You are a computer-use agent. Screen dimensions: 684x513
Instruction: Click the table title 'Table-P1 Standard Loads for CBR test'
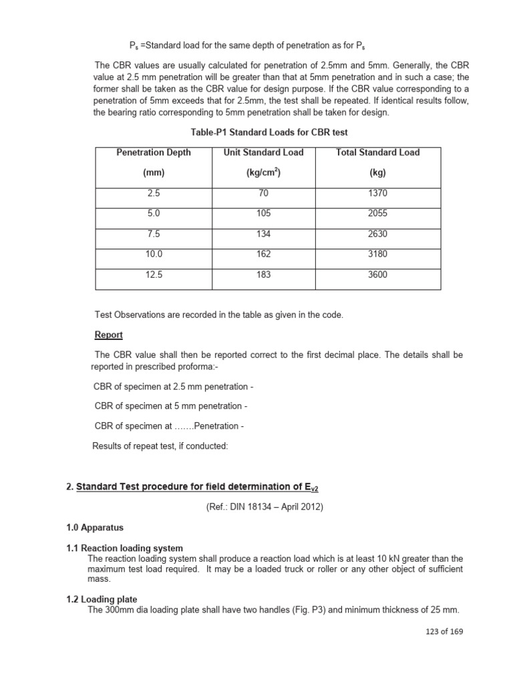(x=269, y=132)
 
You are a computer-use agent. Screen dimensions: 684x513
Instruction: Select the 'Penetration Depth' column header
(x=154, y=152)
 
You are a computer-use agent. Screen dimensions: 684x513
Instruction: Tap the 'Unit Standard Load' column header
(x=263, y=152)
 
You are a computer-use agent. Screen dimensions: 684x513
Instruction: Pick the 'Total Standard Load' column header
(x=377, y=152)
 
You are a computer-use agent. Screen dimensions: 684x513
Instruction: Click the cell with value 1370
(x=377, y=193)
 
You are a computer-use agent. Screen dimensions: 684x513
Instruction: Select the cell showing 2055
(x=377, y=214)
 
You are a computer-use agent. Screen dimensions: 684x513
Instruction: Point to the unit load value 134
(x=263, y=234)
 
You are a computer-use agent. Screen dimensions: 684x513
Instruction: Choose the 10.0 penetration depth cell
(x=154, y=254)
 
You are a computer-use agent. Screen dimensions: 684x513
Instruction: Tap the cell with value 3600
(x=377, y=275)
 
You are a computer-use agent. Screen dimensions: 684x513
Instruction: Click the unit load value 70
(x=263, y=193)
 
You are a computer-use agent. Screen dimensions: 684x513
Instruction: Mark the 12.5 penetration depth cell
(x=154, y=275)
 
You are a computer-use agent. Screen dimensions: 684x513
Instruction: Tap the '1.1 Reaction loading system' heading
(x=124, y=548)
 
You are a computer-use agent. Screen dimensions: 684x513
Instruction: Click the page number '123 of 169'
(x=440, y=631)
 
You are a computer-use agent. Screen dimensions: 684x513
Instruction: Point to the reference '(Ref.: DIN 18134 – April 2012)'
(x=265, y=507)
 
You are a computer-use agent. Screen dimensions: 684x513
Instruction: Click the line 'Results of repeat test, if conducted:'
(x=160, y=446)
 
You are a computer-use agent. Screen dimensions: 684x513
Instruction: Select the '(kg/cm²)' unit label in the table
(x=263, y=173)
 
